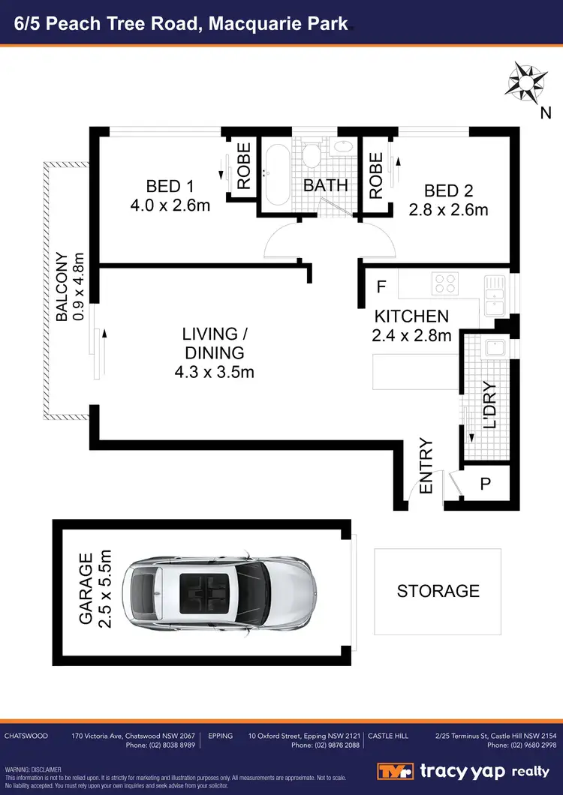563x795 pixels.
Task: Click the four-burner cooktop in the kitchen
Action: (x=445, y=283)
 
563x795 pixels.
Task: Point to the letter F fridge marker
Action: (x=381, y=286)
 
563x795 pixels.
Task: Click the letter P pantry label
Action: (x=485, y=484)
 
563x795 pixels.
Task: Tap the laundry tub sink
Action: (x=494, y=347)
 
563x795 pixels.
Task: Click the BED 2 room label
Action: (x=448, y=190)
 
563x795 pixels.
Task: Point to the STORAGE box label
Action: (x=438, y=591)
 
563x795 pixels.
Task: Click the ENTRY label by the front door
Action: (x=426, y=466)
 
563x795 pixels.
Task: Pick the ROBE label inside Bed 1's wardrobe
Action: (x=244, y=169)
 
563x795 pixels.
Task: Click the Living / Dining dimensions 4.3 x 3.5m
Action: (x=213, y=370)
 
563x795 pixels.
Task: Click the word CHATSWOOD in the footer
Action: (x=26, y=736)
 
